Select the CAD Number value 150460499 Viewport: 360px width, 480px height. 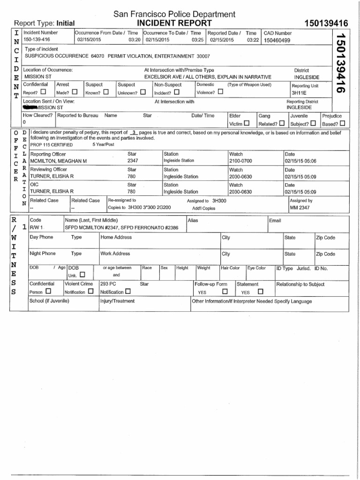click(277, 40)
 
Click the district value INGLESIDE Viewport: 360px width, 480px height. click(307, 77)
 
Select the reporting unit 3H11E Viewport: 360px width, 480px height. click(298, 93)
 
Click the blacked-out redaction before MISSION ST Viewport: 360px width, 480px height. click(31, 107)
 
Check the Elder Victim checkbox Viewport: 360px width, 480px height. click(246, 124)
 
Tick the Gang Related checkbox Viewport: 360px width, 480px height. click(281, 124)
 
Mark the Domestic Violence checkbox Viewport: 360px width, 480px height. click(220, 92)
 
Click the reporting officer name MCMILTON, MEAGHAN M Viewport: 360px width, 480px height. click(59, 161)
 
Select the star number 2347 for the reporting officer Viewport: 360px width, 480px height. click(133, 161)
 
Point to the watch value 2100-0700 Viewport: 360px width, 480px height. click(240, 161)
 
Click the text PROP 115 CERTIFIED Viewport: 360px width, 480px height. click(52, 145)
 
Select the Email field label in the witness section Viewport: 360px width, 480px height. click(275, 220)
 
